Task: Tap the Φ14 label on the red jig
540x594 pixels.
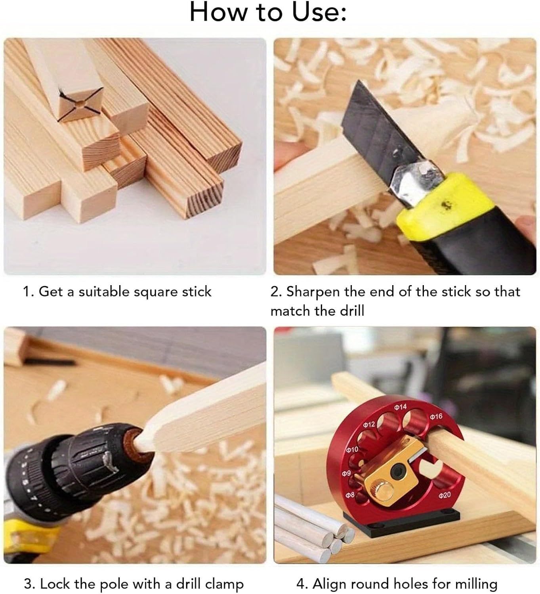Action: (x=401, y=407)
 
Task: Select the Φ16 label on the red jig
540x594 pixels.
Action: (x=436, y=417)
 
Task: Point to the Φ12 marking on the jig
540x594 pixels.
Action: (x=369, y=425)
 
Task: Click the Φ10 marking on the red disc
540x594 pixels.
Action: (x=352, y=449)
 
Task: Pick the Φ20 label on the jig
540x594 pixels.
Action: (x=445, y=495)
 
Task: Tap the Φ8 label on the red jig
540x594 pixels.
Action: (x=350, y=495)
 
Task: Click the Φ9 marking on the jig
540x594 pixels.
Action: (x=346, y=473)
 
